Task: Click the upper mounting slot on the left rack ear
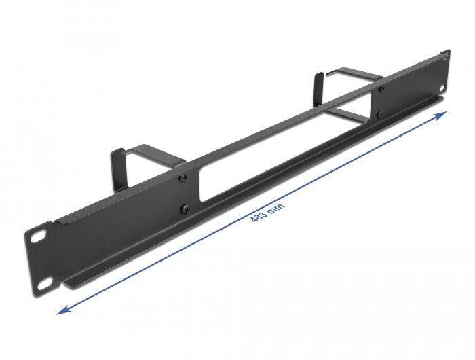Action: (35, 238)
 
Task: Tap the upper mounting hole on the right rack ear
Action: (444, 54)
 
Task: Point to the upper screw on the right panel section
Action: (381, 89)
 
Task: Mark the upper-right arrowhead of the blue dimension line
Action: (442, 115)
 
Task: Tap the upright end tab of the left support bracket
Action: (117, 162)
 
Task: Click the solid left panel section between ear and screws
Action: (115, 224)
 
